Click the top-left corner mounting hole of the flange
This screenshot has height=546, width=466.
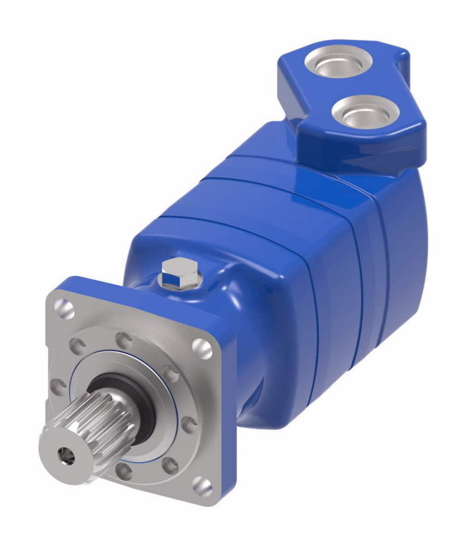tap(64, 310)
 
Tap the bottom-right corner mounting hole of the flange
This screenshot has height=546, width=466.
tap(203, 485)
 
